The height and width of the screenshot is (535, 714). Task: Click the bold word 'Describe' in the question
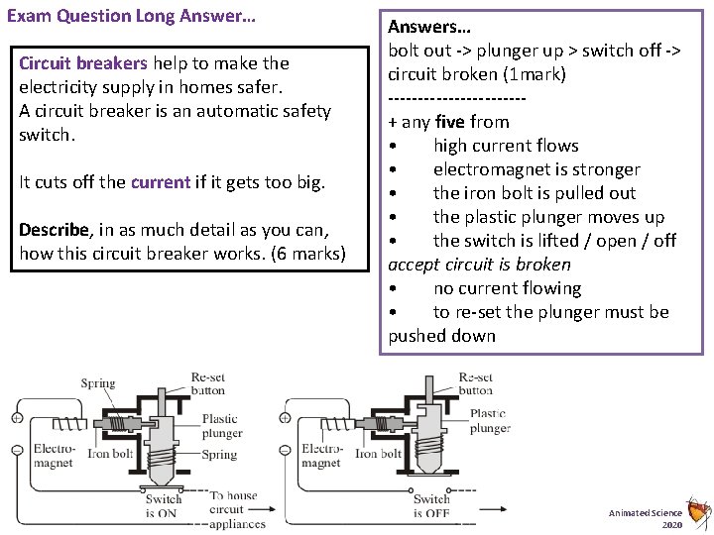coord(55,231)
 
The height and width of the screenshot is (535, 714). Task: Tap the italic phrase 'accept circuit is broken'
coord(479,265)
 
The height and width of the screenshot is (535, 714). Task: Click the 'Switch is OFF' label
coord(431,506)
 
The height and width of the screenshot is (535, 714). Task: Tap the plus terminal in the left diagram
coord(18,403)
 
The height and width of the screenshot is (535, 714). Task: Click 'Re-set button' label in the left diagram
coord(208,383)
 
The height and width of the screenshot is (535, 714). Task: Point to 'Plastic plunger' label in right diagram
coord(489,421)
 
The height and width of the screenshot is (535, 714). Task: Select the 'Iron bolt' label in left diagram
coord(109,455)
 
